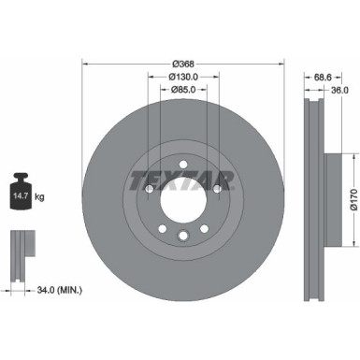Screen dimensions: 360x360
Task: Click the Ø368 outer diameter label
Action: pos(183,64)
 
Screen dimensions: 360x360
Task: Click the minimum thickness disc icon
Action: pos(21,244)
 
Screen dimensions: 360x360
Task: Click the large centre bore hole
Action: pos(183,197)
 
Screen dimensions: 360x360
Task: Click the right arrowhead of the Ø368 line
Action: pos(280,64)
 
